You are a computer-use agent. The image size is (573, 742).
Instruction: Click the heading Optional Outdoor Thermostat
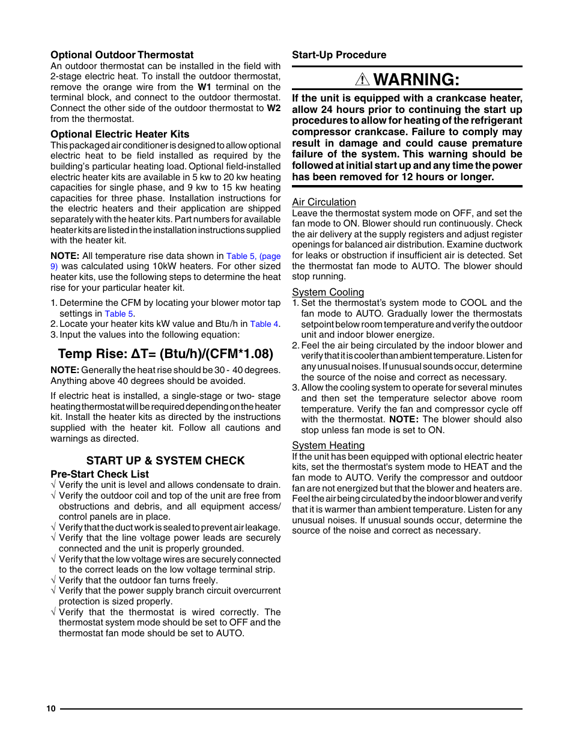coord(122,55)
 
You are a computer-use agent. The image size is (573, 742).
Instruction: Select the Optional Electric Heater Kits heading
coord(120,134)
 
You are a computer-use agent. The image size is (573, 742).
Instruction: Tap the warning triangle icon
coord(362,79)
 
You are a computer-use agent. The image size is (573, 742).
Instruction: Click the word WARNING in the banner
coord(416,79)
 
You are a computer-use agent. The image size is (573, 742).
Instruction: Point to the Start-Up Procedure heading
coord(339,55)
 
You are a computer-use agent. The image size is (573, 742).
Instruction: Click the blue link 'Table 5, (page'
coord(253,256)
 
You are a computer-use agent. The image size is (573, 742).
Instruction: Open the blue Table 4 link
coord(264,324)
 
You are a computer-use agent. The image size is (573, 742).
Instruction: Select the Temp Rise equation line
coord(165,353)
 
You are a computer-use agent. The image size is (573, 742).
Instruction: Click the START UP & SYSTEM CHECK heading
coord(165,460)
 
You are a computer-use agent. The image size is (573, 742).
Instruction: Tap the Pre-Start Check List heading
coord(99,474)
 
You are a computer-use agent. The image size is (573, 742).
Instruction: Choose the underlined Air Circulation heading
coord(324,202)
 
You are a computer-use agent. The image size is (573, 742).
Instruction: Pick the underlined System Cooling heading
coord(328,292)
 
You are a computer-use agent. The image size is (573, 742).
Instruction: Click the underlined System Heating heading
coord(328,445)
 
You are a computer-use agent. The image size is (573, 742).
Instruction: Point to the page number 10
coord(51,708)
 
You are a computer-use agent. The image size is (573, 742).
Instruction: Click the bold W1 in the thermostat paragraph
coord(204,87)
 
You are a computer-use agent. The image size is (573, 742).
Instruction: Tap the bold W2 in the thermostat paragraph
coord(273,108)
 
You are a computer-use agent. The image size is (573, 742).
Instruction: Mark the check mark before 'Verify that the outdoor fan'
coord(53,580)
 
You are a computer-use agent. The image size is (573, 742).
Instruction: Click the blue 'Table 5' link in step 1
coord(119,314)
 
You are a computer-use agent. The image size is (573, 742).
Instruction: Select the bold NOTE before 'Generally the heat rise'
coord(64,370)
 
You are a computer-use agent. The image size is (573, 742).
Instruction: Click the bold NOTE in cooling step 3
coord(403,419)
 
